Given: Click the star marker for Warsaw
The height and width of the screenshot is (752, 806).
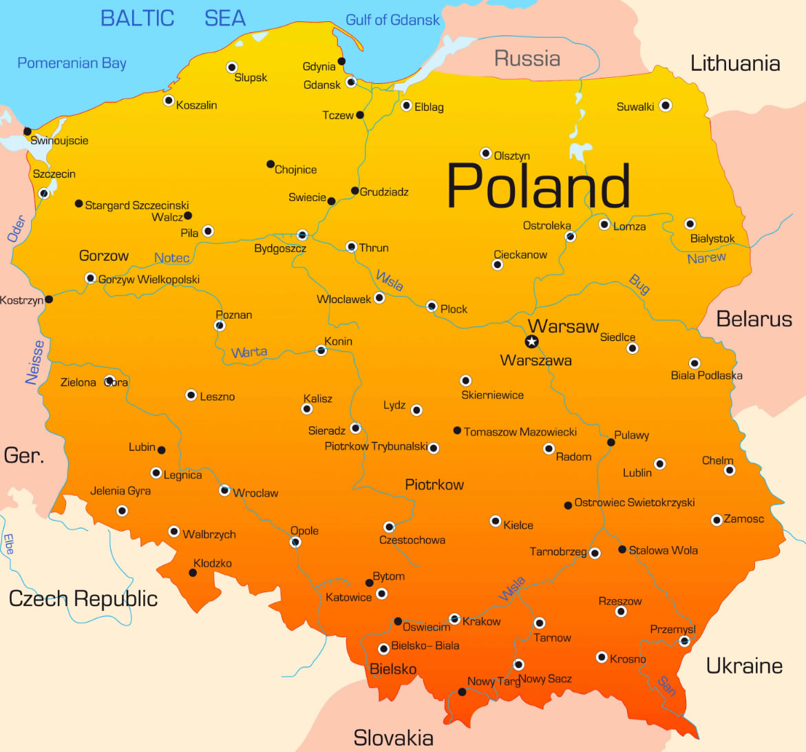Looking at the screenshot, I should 531,342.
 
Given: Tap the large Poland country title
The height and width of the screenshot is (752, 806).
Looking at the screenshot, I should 538,186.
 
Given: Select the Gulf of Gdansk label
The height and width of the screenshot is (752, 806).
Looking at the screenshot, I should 392,20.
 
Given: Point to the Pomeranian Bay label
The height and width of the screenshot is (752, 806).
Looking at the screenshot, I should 72,63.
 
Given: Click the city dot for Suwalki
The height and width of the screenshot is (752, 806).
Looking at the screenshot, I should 665,105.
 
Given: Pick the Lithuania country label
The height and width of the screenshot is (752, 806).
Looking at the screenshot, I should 735,64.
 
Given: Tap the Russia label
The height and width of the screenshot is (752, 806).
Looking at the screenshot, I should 527,59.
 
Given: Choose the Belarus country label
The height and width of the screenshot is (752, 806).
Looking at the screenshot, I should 754,319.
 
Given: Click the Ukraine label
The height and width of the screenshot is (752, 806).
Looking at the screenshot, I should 744,666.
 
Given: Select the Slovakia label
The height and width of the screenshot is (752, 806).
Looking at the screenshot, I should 393,738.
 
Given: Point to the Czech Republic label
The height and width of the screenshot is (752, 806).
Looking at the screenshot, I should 83,598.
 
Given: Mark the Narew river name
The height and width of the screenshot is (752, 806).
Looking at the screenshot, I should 706,258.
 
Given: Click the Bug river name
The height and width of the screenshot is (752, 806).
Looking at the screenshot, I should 639,284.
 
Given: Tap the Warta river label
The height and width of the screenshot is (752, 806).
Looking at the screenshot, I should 249,353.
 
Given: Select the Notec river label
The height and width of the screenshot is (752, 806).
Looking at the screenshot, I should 172,258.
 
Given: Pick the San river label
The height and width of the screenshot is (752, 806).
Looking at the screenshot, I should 666,686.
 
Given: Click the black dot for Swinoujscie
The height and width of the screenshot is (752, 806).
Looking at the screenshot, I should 28,131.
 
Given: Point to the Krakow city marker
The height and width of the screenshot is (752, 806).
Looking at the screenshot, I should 454,619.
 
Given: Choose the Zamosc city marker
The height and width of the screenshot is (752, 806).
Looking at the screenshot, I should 717,520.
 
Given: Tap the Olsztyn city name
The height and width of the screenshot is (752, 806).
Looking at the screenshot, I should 512,156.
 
